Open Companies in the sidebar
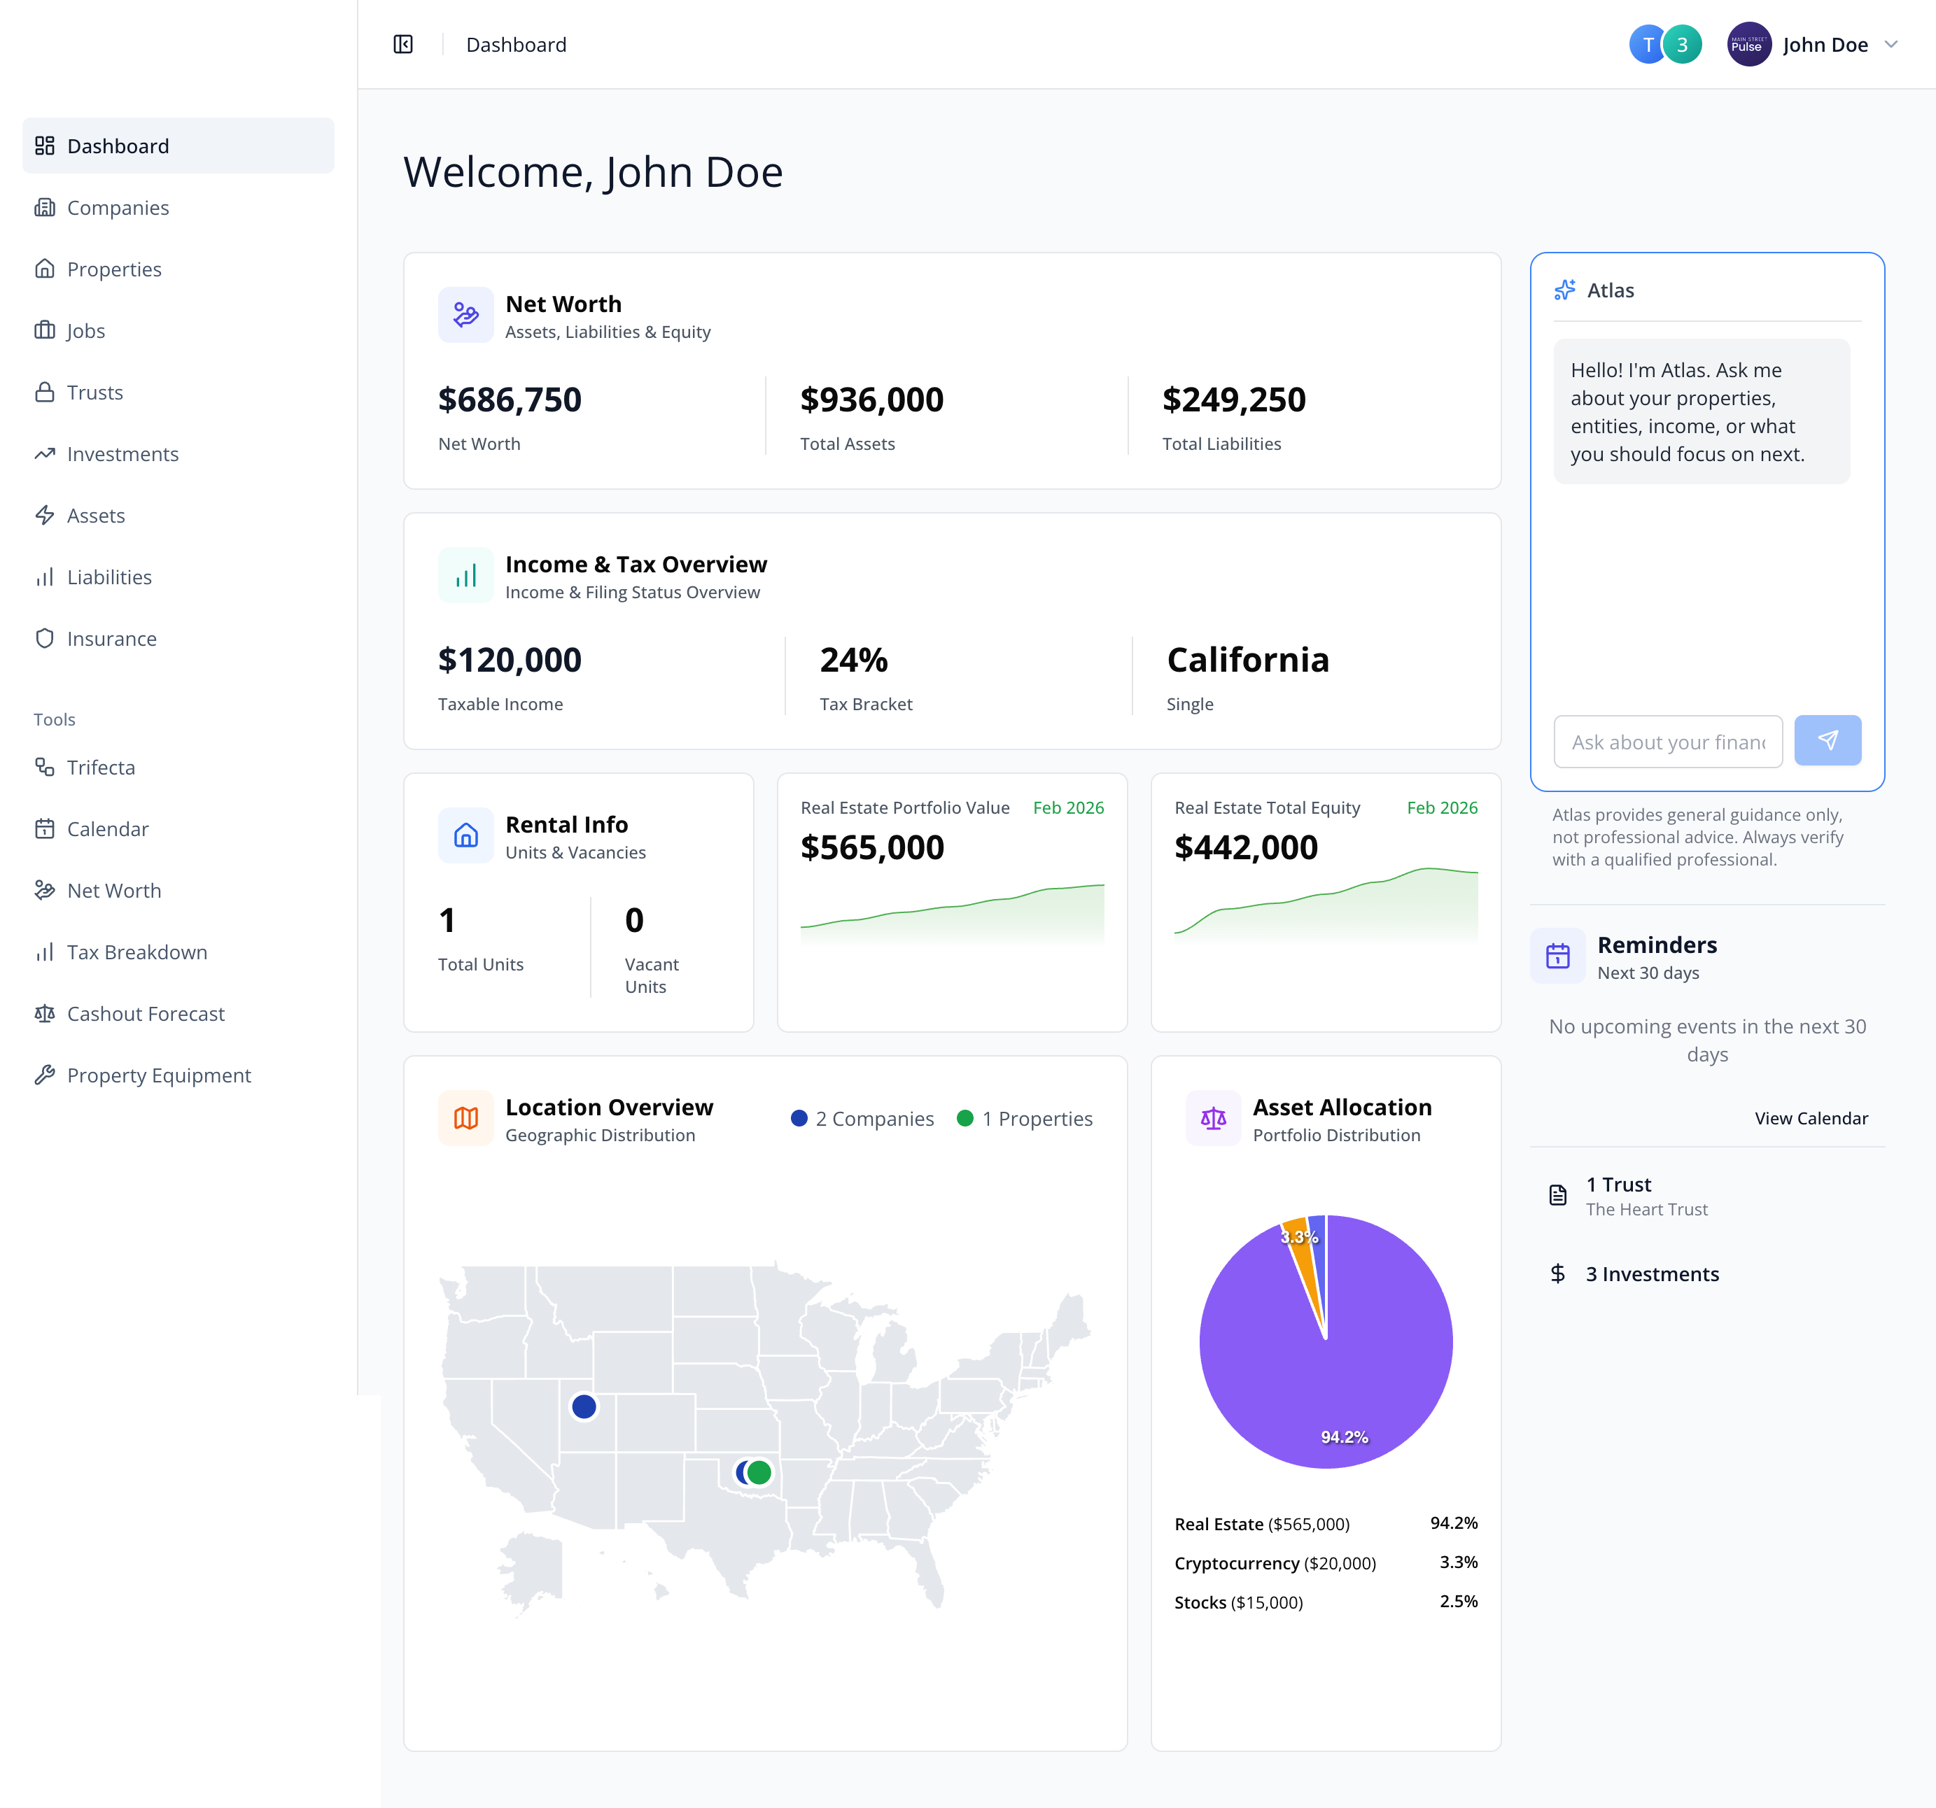coord(117,207)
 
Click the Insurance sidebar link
coord(111,639)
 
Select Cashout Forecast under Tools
coord(145,1014)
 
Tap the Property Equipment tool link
coord(159,1075)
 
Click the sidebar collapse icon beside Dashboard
coord(403,45)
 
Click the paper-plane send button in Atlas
coord(1827,741)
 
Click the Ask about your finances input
coord(1667,742)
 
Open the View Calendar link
coord(1811,1117)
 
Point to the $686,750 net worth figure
coord(510,400)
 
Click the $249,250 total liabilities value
coord(1233,400)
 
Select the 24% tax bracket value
coord(853,660)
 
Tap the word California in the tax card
coord(1247,660)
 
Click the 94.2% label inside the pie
coord(1344,1437)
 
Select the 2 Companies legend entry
coord(863,1119)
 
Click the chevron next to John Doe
coord(1891,45)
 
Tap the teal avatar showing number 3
coord(1683,45)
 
